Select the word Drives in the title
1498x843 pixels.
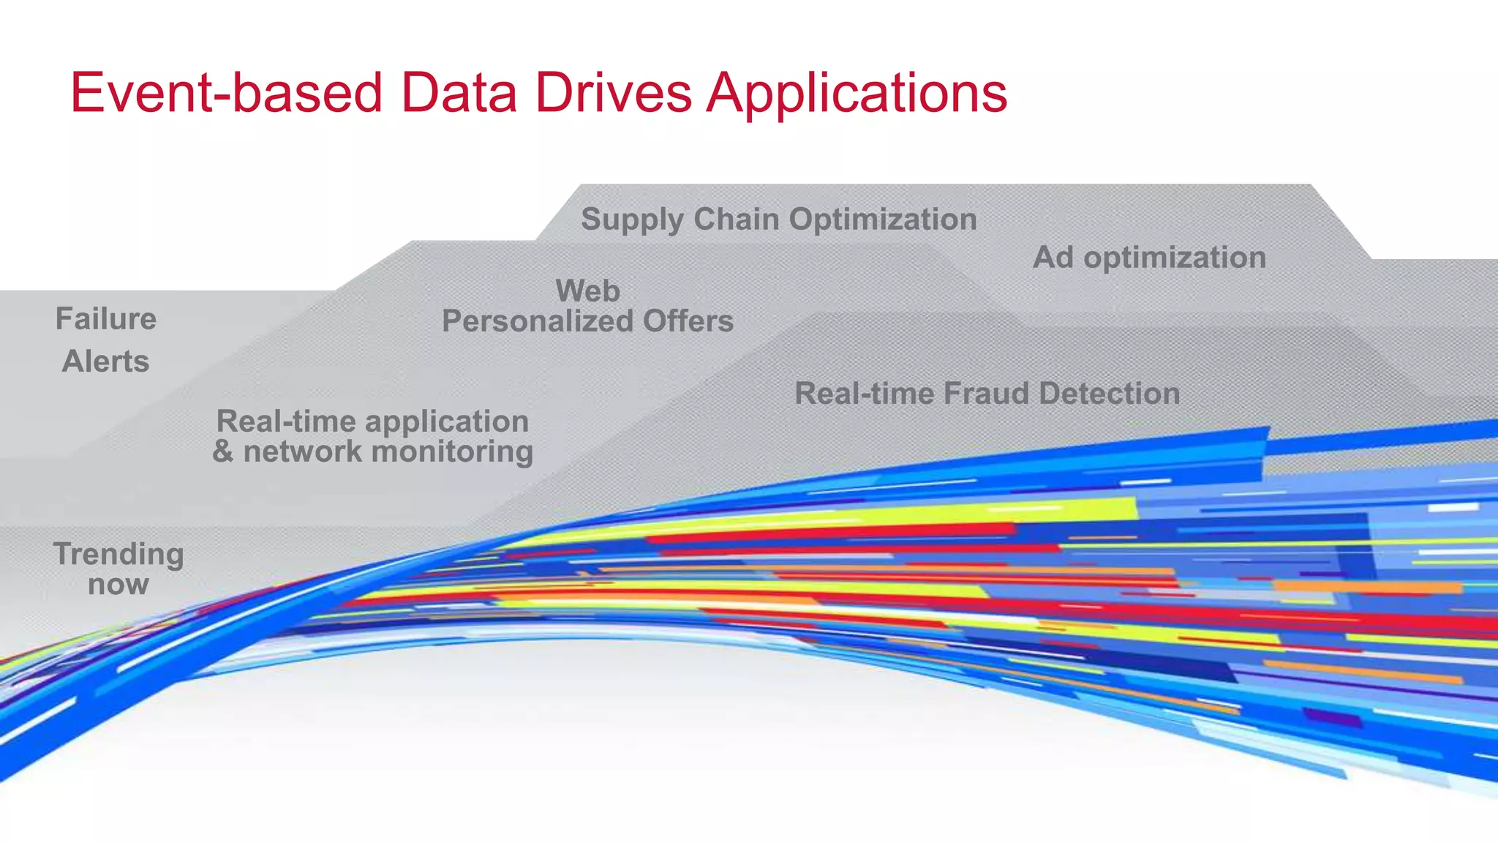[x=613, y=93]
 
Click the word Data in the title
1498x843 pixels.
[x=459, y=93]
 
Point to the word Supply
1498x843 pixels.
[x=633, y=220]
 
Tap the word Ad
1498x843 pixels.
[x=1053, y=257]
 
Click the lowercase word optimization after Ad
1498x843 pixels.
[x=1175, y=258]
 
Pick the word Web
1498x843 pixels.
[x=587, y=291]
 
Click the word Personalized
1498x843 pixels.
[x=538, y=321]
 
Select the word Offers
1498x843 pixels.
[x=688, y=321]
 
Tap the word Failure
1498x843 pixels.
[x=106, y=319]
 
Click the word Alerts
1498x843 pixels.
[x=106, y=361]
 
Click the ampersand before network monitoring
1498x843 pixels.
[x=222, y=452]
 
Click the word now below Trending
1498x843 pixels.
[x=118, y=585]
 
